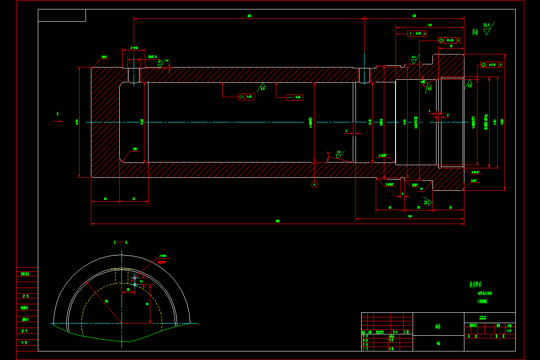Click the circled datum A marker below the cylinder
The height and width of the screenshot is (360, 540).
(315, 184)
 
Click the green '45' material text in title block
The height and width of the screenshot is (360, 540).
(438, 343)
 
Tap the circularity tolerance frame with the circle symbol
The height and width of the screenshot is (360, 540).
(246, 97)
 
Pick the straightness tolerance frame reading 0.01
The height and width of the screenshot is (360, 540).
(295, 97)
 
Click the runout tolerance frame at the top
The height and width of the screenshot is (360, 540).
(417, 33)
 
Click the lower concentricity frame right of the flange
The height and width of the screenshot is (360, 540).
(491, 65)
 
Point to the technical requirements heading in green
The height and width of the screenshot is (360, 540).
(476, 284)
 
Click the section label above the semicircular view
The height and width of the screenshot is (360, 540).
(121, 242)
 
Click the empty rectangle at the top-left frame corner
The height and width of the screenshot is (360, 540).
(62, 15)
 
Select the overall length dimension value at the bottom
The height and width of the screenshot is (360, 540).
(278, 221)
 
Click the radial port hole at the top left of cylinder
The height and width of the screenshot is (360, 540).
(134, 75)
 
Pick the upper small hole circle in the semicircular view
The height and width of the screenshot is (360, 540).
(135, 278)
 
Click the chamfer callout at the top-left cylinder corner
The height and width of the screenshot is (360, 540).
(104, 57)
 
